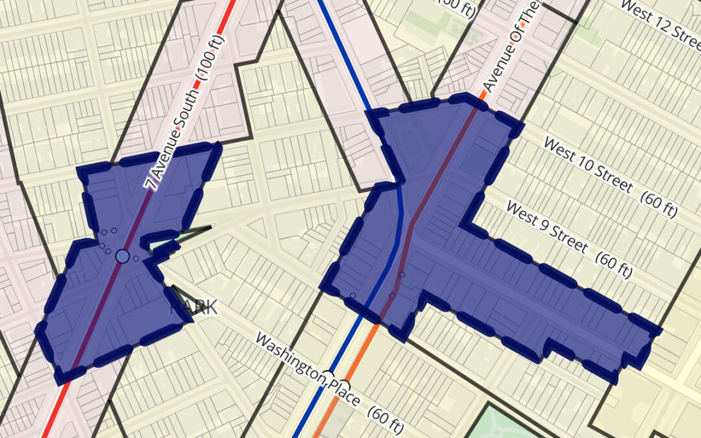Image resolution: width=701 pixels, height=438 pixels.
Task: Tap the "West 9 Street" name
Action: tap(547, 229)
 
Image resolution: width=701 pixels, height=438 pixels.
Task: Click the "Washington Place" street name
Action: tap(306, 370)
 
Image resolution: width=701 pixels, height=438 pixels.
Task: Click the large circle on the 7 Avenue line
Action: tap(122, 256)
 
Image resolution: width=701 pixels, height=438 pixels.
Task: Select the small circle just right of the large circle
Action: tap(136, 258)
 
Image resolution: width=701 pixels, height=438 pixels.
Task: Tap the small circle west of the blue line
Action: tap(353, 295)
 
